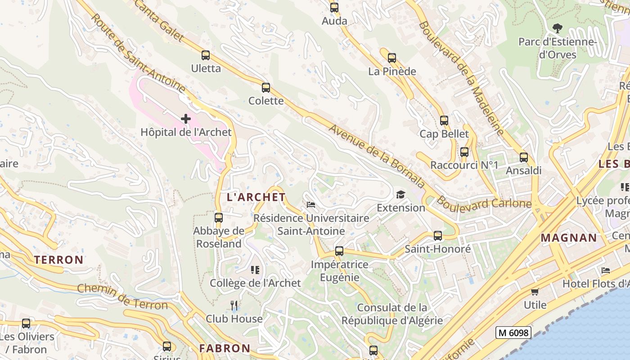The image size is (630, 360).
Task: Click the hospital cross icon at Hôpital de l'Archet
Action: tap(185, 119)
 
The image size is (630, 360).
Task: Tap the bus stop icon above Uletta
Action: tap(206, 55)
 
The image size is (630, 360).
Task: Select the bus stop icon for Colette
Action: tap(266, 88)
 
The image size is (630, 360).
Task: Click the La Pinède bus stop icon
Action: tap(392, 58)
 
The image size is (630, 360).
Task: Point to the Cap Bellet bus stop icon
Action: tap(444, 121)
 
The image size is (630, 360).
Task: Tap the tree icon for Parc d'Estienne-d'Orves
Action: tap(558, 28)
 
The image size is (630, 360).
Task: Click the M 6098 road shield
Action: tap(513, 333)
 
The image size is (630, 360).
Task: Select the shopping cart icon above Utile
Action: tap(535, 292)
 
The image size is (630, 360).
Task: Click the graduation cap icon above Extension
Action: tap(400, 194)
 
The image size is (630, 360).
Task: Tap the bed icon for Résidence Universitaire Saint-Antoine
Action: tap(311, 205)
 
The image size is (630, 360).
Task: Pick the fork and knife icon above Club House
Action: tap(234, 306)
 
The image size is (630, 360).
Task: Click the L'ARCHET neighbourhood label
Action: tap(256, 197)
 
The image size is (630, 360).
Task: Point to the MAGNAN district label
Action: tap(569, 238)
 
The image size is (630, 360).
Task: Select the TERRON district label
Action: tap(59, 260)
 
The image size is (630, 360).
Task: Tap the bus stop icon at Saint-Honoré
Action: tap(438, 236)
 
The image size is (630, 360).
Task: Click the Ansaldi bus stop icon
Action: tap(524, 157)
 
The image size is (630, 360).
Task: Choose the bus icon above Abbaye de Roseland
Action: tap(219, 218)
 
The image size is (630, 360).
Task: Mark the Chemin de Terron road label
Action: tap(122, 297)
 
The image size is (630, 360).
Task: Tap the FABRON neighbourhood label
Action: tap(225, 348)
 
